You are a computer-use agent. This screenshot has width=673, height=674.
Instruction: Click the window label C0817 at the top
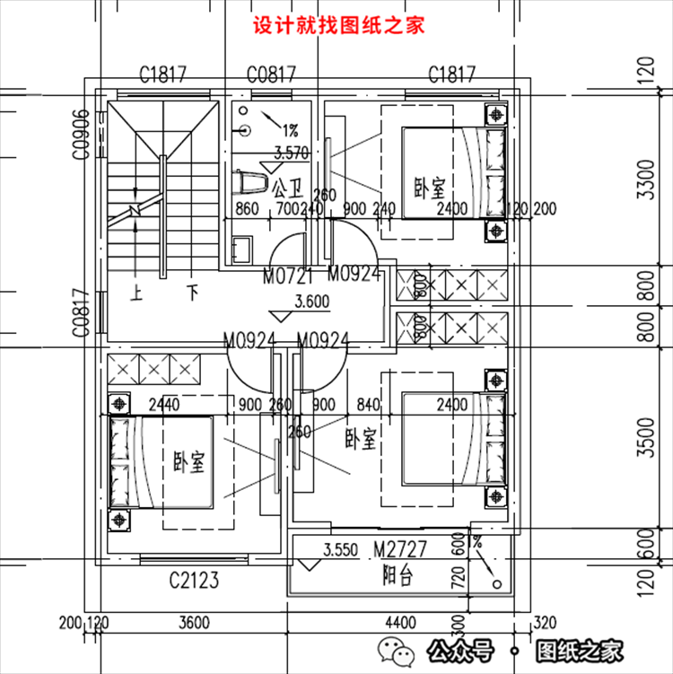click(x=271, y=74)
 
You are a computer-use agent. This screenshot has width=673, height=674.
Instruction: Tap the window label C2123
click(x=194, y=581)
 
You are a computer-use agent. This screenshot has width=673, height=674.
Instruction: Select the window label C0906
click(x=81, y=135)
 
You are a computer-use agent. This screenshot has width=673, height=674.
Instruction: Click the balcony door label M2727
click(x=400, y=547)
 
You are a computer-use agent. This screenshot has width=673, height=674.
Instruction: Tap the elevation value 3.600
click(x=312, y=301)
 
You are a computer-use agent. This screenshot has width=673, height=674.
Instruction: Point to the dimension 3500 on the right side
click(x=646, y=439)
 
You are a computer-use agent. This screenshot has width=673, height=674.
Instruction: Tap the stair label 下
click(x=191, y=292)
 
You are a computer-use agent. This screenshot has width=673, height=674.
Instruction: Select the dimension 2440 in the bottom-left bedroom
click(x=164, y=405)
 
